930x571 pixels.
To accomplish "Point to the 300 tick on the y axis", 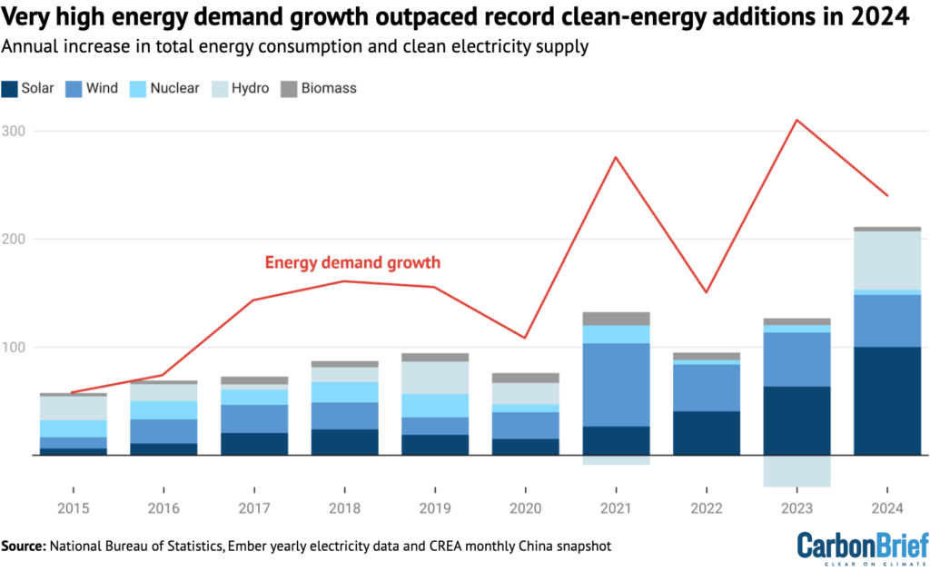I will [15, 131].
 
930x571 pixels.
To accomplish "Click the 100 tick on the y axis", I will [15, 347].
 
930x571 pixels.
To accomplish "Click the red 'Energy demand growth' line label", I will [352, 263].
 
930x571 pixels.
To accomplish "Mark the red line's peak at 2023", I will [796, 120].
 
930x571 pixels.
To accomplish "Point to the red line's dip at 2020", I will [526, 338].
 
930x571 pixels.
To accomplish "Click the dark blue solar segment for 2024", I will [886, 400].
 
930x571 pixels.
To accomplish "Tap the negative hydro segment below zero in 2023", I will [796, 471].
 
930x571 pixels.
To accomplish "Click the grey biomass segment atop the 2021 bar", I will [616, 319].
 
